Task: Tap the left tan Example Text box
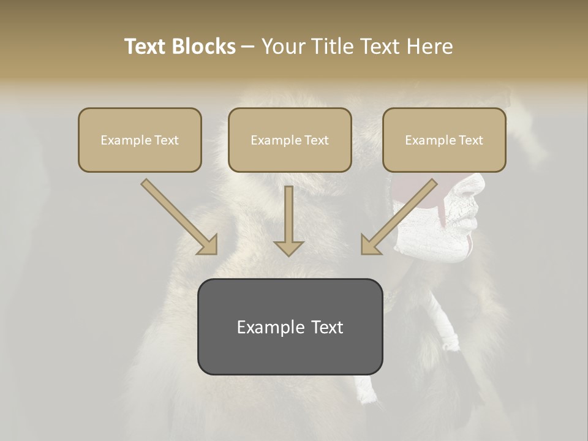coord(140,140)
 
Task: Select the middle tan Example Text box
coord(290,140)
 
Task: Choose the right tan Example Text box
coord(444,140)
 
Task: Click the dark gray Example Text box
coord(290,326)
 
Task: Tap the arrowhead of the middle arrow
coord(288,247)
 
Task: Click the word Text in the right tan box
coord(470,140)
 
